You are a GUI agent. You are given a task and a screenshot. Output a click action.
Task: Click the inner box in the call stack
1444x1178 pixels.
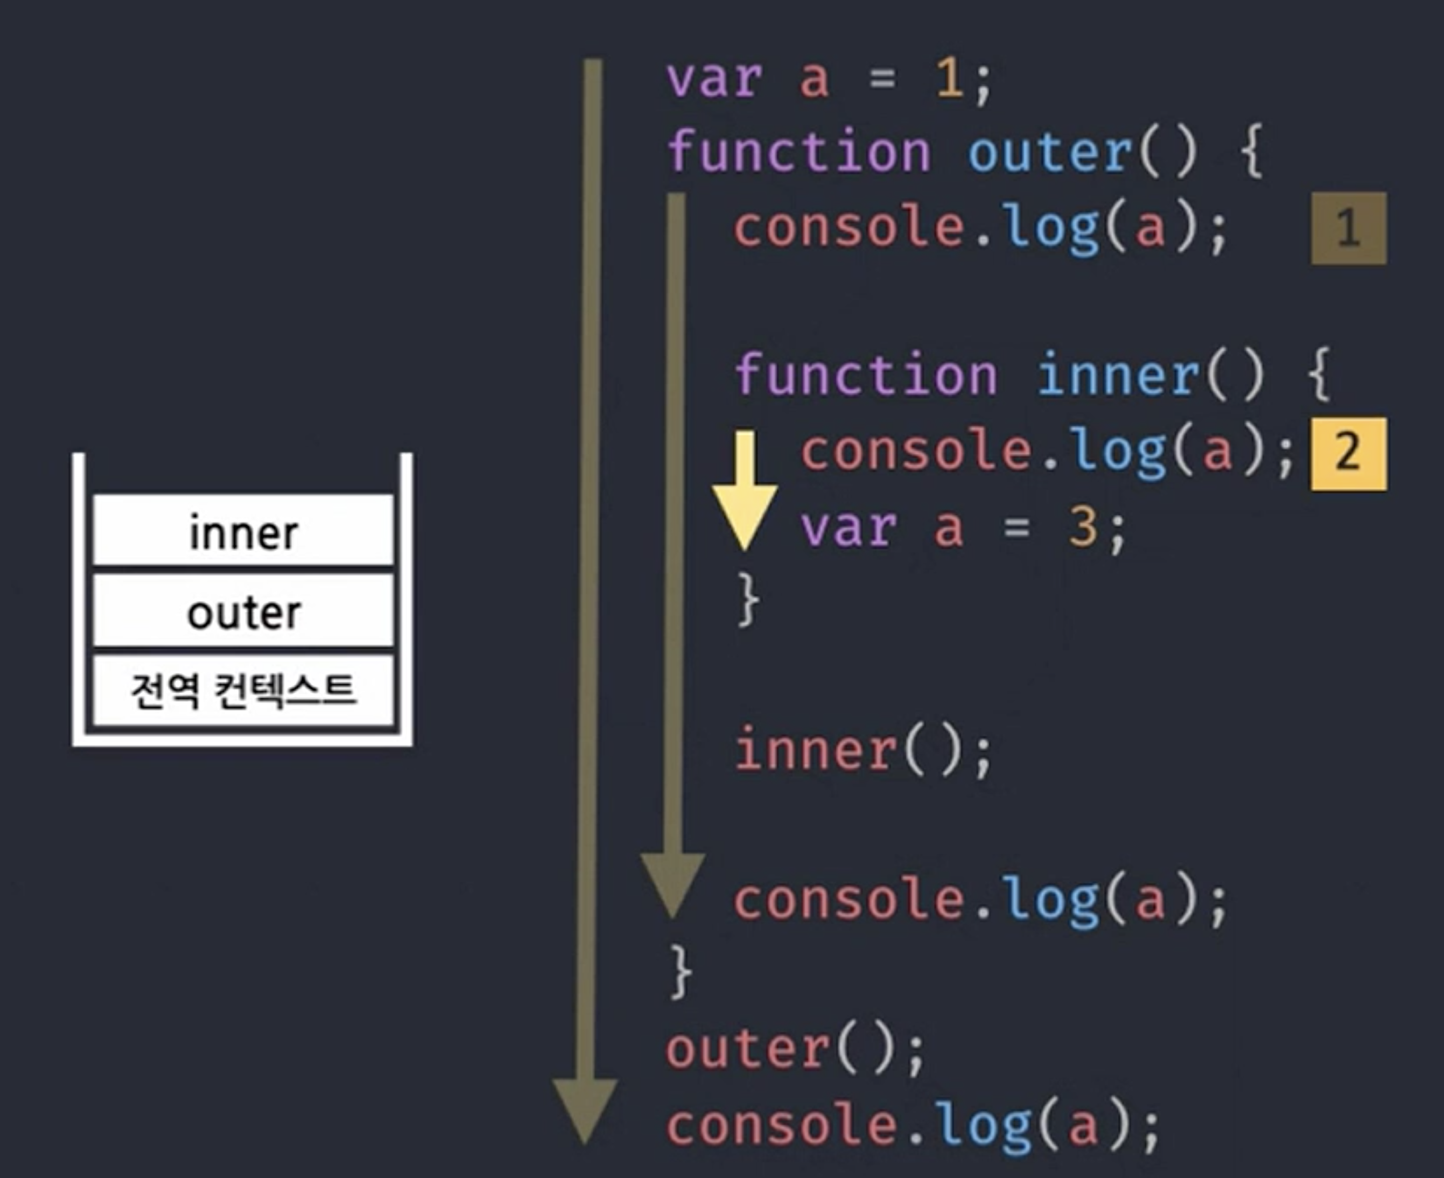(x=243, y=530)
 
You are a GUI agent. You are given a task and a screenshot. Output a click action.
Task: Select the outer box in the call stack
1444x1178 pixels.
(x=243, y=611)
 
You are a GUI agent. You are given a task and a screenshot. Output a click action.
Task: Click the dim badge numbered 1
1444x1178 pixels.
(x=1348, y=228)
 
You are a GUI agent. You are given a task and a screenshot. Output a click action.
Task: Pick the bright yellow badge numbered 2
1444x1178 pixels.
(x=1348, y=453)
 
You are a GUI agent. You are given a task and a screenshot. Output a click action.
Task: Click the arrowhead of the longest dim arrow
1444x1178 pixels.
(x=585, y=1109)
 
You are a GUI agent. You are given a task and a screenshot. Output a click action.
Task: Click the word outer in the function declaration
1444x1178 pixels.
(x=1049, y=152)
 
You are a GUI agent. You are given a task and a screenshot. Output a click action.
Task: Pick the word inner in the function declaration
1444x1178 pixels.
(x=1117, y=375)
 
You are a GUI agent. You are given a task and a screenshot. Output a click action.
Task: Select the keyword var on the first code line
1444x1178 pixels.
(x=714, y=79)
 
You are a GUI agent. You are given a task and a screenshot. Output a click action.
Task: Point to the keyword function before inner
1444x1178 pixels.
(x=866, y=375)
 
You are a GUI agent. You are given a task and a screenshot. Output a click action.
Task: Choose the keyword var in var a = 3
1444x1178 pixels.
(x=849, y=527)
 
